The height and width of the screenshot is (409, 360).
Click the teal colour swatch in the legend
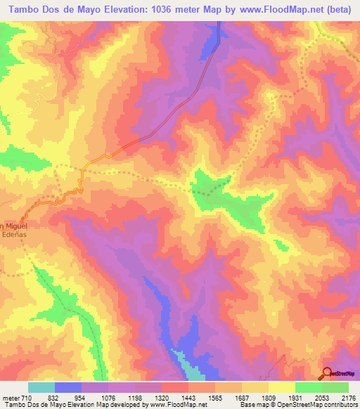pos(41,387)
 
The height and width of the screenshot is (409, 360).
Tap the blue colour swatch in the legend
pos(68,387)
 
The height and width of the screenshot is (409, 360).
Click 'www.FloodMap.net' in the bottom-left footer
pos(175,405)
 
